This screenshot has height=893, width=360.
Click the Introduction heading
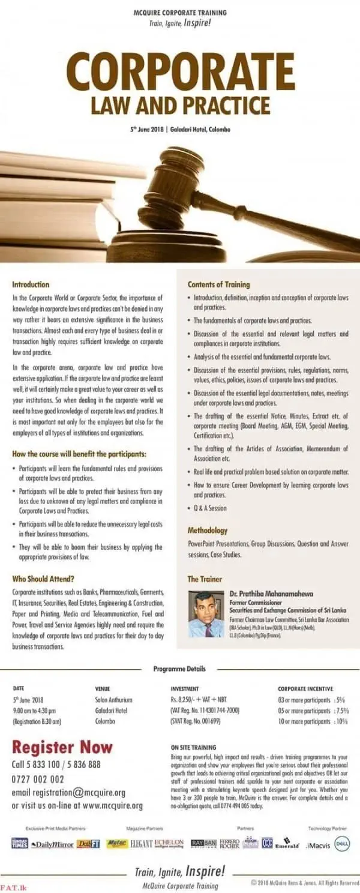click(31, 284)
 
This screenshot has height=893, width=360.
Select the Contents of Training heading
click(218, 284)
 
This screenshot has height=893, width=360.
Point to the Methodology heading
click(208, 531)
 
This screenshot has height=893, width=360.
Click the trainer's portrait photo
click(206, 614)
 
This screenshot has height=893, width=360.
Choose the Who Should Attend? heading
click(43, 579)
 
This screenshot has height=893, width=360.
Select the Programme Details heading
click(179, 669)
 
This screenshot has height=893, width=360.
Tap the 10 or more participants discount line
click(313, 721)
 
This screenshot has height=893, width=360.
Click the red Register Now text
click(62, 747)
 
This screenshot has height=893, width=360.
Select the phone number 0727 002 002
click(38, 779)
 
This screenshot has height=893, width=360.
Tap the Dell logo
click(342, 844)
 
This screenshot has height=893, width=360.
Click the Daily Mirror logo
click(52, 844)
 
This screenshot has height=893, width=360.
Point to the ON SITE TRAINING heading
click(193, 748)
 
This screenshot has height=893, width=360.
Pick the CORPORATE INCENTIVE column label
click(305, 688)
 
